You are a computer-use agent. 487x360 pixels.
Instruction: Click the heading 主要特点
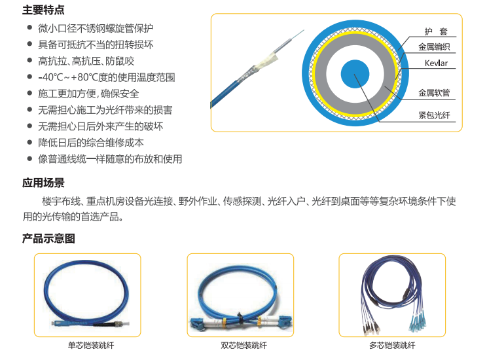(43, 10)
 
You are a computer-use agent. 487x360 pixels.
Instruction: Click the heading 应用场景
(43, 183)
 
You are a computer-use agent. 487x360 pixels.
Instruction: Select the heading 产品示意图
(48, 238)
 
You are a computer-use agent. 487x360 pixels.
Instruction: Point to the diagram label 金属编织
(434, 47)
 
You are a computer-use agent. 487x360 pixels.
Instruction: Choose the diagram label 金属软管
(434, 94)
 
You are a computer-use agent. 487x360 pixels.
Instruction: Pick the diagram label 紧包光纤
(434, 115)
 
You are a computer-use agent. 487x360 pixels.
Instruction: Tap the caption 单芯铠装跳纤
(86, 346)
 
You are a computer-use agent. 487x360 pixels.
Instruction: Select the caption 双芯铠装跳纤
(239, 346)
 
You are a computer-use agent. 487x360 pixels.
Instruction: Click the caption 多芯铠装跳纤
(392, 346)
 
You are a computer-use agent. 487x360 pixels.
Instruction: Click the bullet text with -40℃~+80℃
(106, 77)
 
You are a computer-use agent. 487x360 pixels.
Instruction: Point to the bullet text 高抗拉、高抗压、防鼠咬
(86, 61)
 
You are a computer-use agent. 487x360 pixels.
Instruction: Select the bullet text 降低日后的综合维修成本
(91, 143)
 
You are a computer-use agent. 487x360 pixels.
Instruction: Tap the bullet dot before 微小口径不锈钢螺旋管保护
(29, 28)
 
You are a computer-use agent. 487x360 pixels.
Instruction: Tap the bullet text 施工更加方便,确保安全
(88, 94)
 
